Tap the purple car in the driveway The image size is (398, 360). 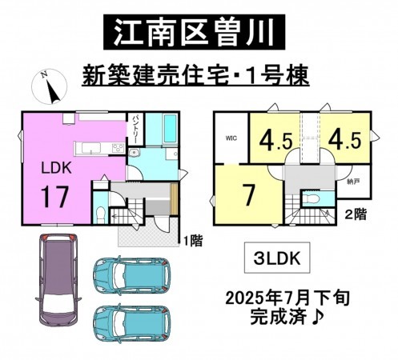pyautogui.click(x=58, y=280)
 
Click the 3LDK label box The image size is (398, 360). pyautogui.click(x=277, y=258)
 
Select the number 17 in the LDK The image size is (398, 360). pyautogui.click(x=56, y=197)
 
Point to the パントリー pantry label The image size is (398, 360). pyautogui.click(x=135, y=130)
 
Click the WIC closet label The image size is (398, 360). pyautogui.click(x=231, y=138)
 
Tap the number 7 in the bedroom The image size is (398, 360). pyautogui.click(x=249, y=194)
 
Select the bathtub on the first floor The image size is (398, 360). pyautogui.click(x=170, y=129)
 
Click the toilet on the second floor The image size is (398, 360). pyautogui.click(x=313, y=198)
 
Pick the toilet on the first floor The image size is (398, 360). pyautogui.click(x=100, y=214)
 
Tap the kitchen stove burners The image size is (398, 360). pyautogui.click(x=119, y=148)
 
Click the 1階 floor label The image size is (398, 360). pyautogui.click(x=193, y=241)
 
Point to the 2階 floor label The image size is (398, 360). pyautogui.click(x=356, y=214)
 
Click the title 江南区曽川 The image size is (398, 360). pyautogui.click(x=195, y=32)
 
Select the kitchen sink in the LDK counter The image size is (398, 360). pyautogui.click(x=91, y=148)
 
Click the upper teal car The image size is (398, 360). pyautogui.click(x=131, y=275)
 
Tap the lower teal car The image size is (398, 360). pyautogui.click(x=131, y=324)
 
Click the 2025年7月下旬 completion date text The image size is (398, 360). pyautogui.click(x=287, y=298)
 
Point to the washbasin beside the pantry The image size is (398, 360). pyautogui.click(x=134, y=152)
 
